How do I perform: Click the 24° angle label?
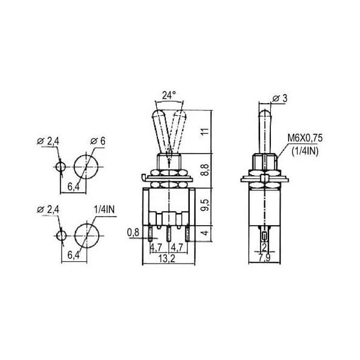(x=169, y=95)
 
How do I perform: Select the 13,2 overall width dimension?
(x=169, y=258)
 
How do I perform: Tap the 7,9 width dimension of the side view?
(x=264, y=258)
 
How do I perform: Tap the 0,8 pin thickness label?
(x=134, y=232)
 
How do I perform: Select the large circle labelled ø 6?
(x=87, y=165)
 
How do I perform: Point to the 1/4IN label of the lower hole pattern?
(x=104, y=210)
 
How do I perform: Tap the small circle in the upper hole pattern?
(x=62, y=166)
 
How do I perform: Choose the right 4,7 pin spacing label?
(x=178, y=248)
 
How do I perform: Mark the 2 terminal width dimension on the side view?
(x=264, y=247)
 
